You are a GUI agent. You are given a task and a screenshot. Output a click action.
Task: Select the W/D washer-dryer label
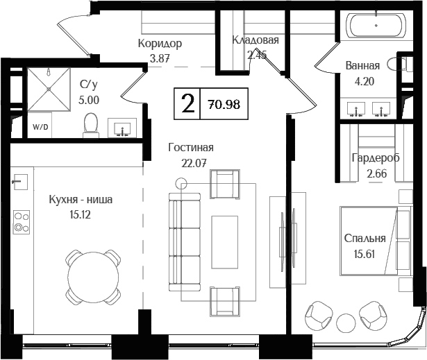pyautogui.click(x=40, y=128)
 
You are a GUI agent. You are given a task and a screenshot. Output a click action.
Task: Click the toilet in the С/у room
pyautogui.click(x=90, y=125)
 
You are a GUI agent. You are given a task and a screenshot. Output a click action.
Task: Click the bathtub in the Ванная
pyautogui.click(x=378, y=27)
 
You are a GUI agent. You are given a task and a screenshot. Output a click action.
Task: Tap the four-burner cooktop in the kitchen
pyautogui.click(x=22, y=221)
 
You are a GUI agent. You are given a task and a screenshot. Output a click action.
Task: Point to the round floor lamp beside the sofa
pyautogui.click(x=183, y=184)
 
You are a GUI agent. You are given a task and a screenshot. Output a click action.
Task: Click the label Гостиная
pyautogui.click(x=190, y=148)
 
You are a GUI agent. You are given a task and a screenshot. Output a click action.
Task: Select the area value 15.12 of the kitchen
pyautogui.click(x=80, y=214)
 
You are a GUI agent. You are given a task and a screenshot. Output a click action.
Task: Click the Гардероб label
pyautogui.click(x=375, y=158)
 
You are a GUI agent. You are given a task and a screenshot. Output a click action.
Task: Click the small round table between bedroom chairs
pyautogui.click(x=346, y=322)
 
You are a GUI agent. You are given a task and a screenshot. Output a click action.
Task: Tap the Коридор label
pyautogui.click(x=160, y=44)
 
